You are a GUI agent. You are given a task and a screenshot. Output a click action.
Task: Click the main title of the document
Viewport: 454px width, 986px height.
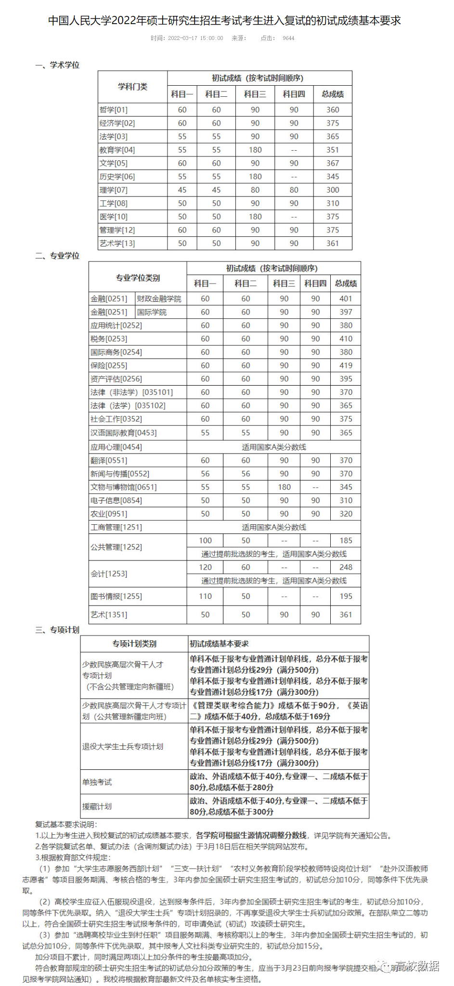tap(224, 21)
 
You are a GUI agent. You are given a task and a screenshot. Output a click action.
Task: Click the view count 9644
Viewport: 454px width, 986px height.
tap(288, 38)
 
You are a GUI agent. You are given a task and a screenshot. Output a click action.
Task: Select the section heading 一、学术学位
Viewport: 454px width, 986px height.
tap(57, 65)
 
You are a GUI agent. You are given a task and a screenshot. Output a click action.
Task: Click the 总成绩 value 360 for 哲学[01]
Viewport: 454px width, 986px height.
tap(333, 110)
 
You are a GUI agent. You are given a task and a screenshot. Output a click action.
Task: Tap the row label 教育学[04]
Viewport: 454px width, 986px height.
tap(117, 150)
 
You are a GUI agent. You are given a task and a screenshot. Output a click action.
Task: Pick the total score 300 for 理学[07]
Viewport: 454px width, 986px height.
tap(333, 190)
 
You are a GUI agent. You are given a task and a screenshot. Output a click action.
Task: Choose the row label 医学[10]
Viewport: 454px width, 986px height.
tap(114, 217)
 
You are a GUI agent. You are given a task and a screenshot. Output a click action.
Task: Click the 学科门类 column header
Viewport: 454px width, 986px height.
tap(132, 87)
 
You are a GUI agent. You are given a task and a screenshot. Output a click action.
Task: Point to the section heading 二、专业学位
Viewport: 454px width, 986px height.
tap(57, 256)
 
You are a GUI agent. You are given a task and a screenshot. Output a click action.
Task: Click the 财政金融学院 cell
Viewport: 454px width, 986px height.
tap(159, 299)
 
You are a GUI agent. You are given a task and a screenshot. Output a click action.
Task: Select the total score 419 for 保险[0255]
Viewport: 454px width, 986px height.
tap(346, 366)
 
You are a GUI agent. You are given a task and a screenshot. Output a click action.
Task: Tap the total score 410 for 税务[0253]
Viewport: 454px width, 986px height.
tap(346, 339)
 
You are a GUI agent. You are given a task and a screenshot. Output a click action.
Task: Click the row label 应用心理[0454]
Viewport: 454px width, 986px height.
tap(116, 447)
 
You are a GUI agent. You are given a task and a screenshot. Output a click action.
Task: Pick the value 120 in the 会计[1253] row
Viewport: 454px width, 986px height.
tap(205, 567)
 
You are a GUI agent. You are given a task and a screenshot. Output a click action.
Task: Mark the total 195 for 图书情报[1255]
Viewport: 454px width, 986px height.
tap(346, 597)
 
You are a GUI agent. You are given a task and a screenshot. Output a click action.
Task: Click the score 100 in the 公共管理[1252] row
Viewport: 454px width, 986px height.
tap(205, 541)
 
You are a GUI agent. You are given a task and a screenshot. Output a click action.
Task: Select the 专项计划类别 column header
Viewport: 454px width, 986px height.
tap(134, 644)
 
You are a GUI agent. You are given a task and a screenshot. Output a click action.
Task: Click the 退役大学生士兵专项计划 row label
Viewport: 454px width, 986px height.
tap(123, 747)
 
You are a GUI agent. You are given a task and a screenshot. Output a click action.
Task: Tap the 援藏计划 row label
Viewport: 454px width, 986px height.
tap(97, 806)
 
